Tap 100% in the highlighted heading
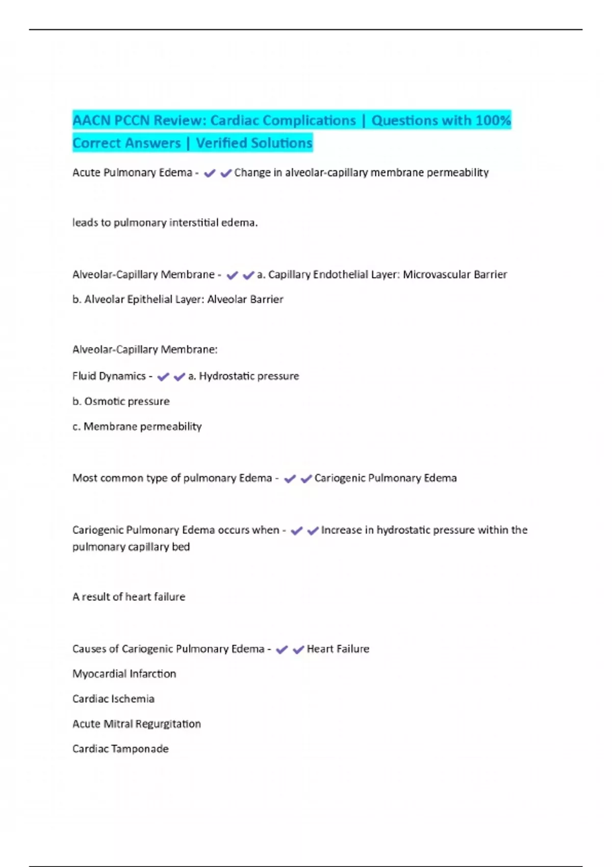[x=493, y=120]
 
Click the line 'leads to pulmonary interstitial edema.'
[x=165, y=223]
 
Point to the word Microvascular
[x=437, y=275]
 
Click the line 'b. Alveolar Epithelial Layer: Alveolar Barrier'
[x=177, y=299]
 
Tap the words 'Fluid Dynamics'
[x=109, y=376]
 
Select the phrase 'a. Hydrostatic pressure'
[x=243, y=376]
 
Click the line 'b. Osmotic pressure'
[x=121, y=401]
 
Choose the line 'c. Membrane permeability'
[x=137, y=426]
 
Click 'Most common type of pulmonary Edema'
[x=172, y=478]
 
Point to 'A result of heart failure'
[x=129, y=597]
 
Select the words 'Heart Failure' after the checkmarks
[x=338, y=649]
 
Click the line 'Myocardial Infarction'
[x=124, y=674]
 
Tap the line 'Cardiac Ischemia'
[x=113, y=699]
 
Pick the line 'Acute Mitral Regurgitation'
[x=136, y=724]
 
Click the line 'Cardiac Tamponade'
[x=120, y=749]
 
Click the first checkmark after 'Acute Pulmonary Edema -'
[x=209, y=173]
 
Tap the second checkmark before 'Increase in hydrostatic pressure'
[x=313, y=531]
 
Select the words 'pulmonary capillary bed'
[x=131, y=547]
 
